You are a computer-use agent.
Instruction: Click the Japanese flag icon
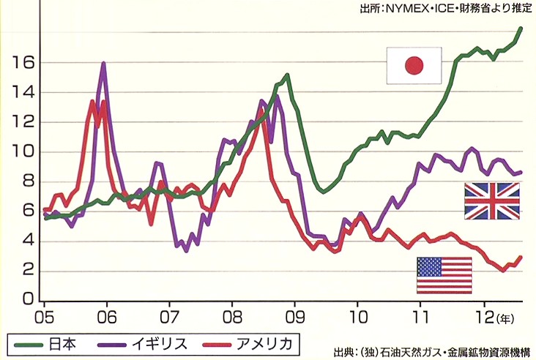414,66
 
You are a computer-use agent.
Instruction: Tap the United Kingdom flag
491,201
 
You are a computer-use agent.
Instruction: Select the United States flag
444,275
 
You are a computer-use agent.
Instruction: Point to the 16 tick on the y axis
22,63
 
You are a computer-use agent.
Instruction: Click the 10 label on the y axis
22,152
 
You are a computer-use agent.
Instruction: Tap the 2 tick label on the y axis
26,271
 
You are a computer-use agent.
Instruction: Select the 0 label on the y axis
26,300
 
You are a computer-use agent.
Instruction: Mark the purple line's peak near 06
104,64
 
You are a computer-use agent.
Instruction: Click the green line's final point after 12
521,29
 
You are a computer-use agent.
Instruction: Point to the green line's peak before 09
286,75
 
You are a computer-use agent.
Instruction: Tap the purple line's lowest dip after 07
186,251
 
